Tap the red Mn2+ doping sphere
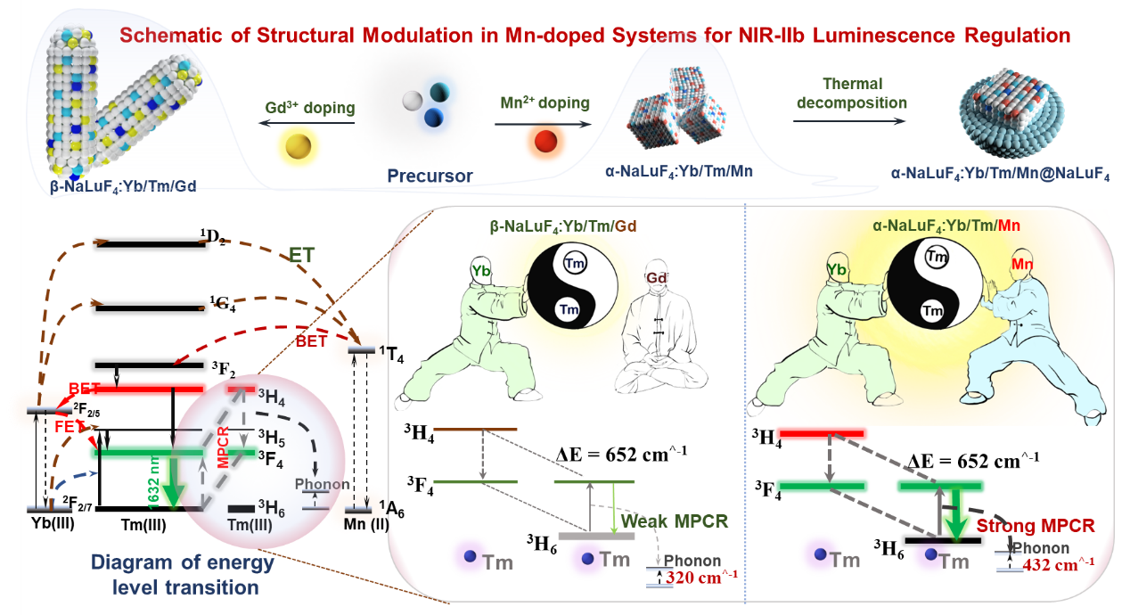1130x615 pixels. pyautogui.click(x=543, y=140)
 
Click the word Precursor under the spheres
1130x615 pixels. pyautogui.click(x=430, y=176)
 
